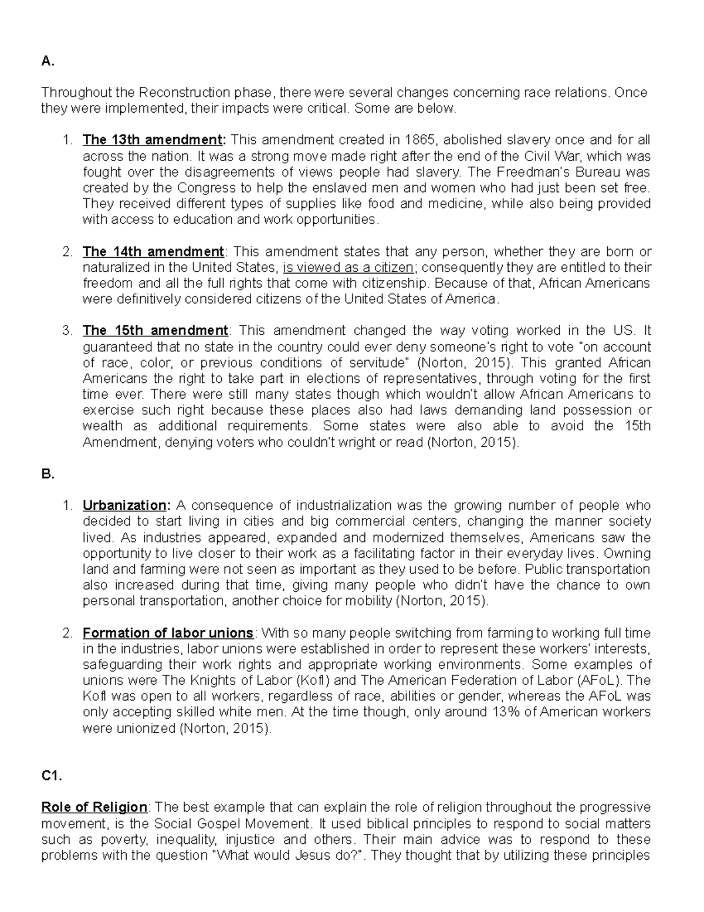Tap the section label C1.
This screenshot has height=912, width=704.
click(52, 776)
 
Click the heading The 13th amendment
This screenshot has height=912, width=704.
click(154, 140)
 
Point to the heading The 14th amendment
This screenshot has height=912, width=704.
click(153, 252)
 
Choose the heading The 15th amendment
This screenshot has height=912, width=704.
click(155, 330)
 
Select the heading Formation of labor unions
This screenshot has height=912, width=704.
click(168, 633)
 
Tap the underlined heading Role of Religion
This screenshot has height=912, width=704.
click(94, 807)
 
